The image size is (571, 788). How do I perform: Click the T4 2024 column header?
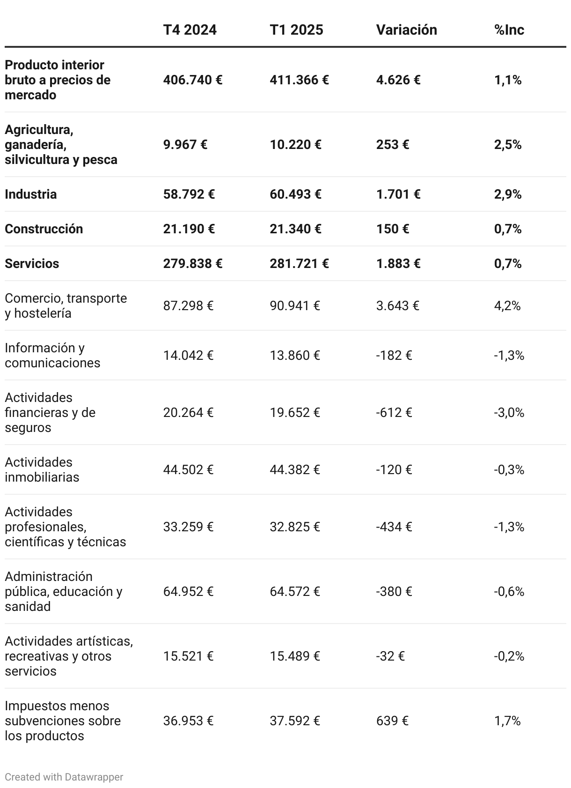190,30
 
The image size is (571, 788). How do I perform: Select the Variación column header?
406,30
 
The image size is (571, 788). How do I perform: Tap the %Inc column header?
509,30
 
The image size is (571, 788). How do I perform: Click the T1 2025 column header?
296,30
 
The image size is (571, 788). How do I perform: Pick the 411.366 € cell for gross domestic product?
299,80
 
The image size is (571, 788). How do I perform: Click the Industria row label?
31,194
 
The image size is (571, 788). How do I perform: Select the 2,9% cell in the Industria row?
508,194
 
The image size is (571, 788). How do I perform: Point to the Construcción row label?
44,229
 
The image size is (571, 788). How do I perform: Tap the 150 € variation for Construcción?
392,229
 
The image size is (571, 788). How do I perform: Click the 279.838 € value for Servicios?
192,264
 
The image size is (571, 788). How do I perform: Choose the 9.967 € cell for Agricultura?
185,145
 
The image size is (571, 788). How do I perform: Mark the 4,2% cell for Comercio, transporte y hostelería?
507,306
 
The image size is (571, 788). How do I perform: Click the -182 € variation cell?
394,356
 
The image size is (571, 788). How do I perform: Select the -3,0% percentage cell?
509,413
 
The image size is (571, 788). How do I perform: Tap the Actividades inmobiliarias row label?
42,470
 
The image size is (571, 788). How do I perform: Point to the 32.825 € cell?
294,527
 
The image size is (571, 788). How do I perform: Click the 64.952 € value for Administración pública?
188,592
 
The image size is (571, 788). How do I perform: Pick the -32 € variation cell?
390,656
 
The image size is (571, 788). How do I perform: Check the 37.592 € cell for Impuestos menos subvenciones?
294,721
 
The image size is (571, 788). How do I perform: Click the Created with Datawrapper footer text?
64,777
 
